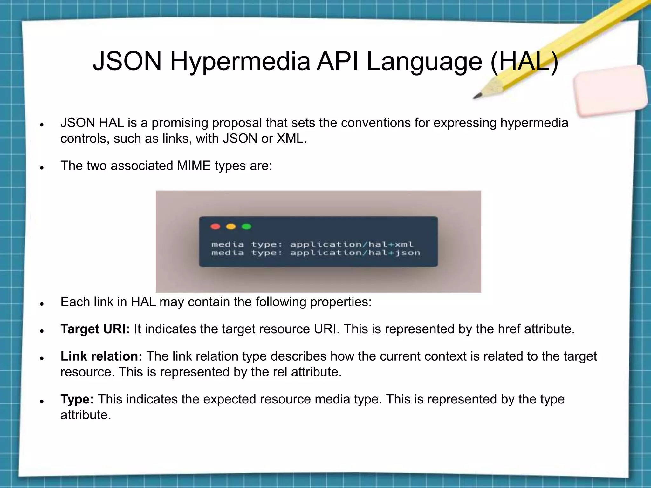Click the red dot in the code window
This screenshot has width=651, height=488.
[x=216, y=227]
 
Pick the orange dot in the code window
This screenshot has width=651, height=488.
[x=231, y=227]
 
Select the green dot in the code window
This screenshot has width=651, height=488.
[x=247, y=227]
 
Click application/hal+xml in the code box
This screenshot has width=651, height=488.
[x=352, y=244]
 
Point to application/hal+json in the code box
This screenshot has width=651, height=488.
[x=355, y=253]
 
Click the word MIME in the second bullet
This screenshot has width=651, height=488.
[x=194, y=166]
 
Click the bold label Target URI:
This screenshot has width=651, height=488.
[x=95, y=329]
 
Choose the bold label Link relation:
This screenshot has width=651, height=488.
[x=101, y=356]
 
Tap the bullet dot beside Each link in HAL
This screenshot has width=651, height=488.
[x=41, y=304]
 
